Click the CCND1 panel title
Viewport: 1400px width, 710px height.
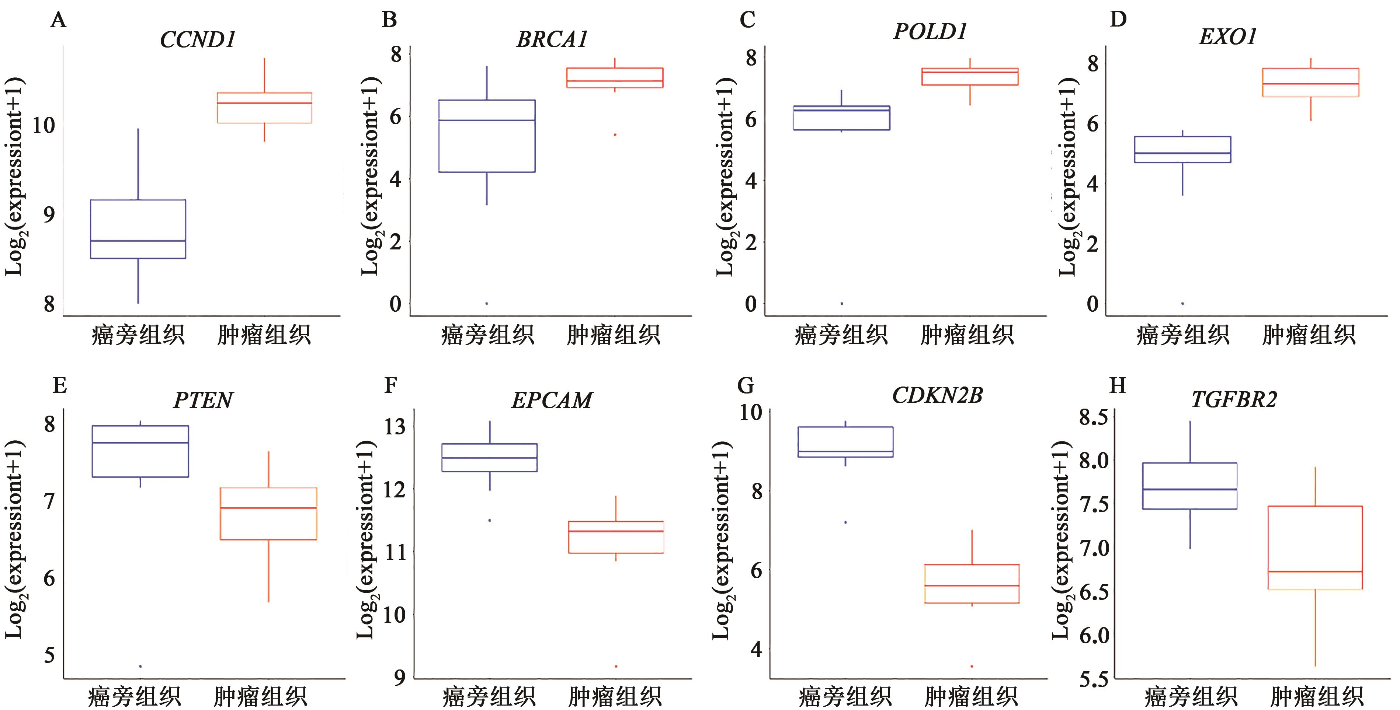[197, 40]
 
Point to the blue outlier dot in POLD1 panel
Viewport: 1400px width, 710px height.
[842, 304]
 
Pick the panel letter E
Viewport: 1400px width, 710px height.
[59, 386]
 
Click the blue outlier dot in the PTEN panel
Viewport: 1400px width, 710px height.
[140, 666]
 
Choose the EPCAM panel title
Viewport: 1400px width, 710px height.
[552, 401]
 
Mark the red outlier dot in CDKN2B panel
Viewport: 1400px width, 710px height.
[972, 666]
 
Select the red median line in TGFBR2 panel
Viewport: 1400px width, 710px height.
[1315, 571]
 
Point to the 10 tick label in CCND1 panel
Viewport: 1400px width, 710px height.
[44, 126]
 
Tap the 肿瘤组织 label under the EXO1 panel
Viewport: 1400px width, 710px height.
[1309, 335]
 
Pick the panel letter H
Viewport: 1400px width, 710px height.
[1118, 386]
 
